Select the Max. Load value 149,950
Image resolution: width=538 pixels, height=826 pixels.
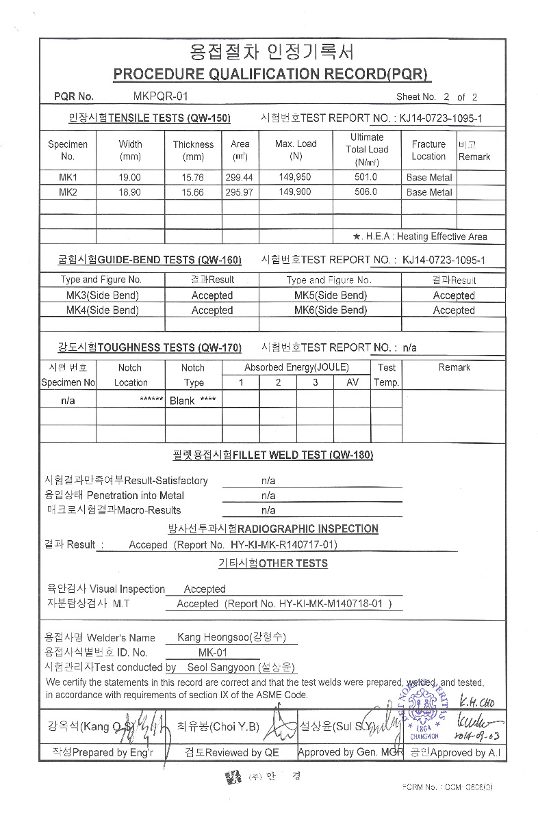296,177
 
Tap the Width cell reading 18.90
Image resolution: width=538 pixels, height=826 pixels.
130,192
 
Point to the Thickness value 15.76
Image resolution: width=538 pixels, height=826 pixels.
193,177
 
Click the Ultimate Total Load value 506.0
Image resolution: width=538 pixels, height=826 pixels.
366,192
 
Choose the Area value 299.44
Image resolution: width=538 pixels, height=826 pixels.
240,177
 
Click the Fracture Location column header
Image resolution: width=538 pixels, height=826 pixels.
428,150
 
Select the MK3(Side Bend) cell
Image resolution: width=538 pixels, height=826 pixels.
102,295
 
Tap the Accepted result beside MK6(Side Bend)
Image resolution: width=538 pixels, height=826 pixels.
454,310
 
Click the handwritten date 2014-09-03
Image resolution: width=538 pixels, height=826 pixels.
479,736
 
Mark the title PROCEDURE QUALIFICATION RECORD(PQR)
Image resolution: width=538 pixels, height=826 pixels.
272,75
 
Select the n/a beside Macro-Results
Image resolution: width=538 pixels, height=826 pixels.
268,510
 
